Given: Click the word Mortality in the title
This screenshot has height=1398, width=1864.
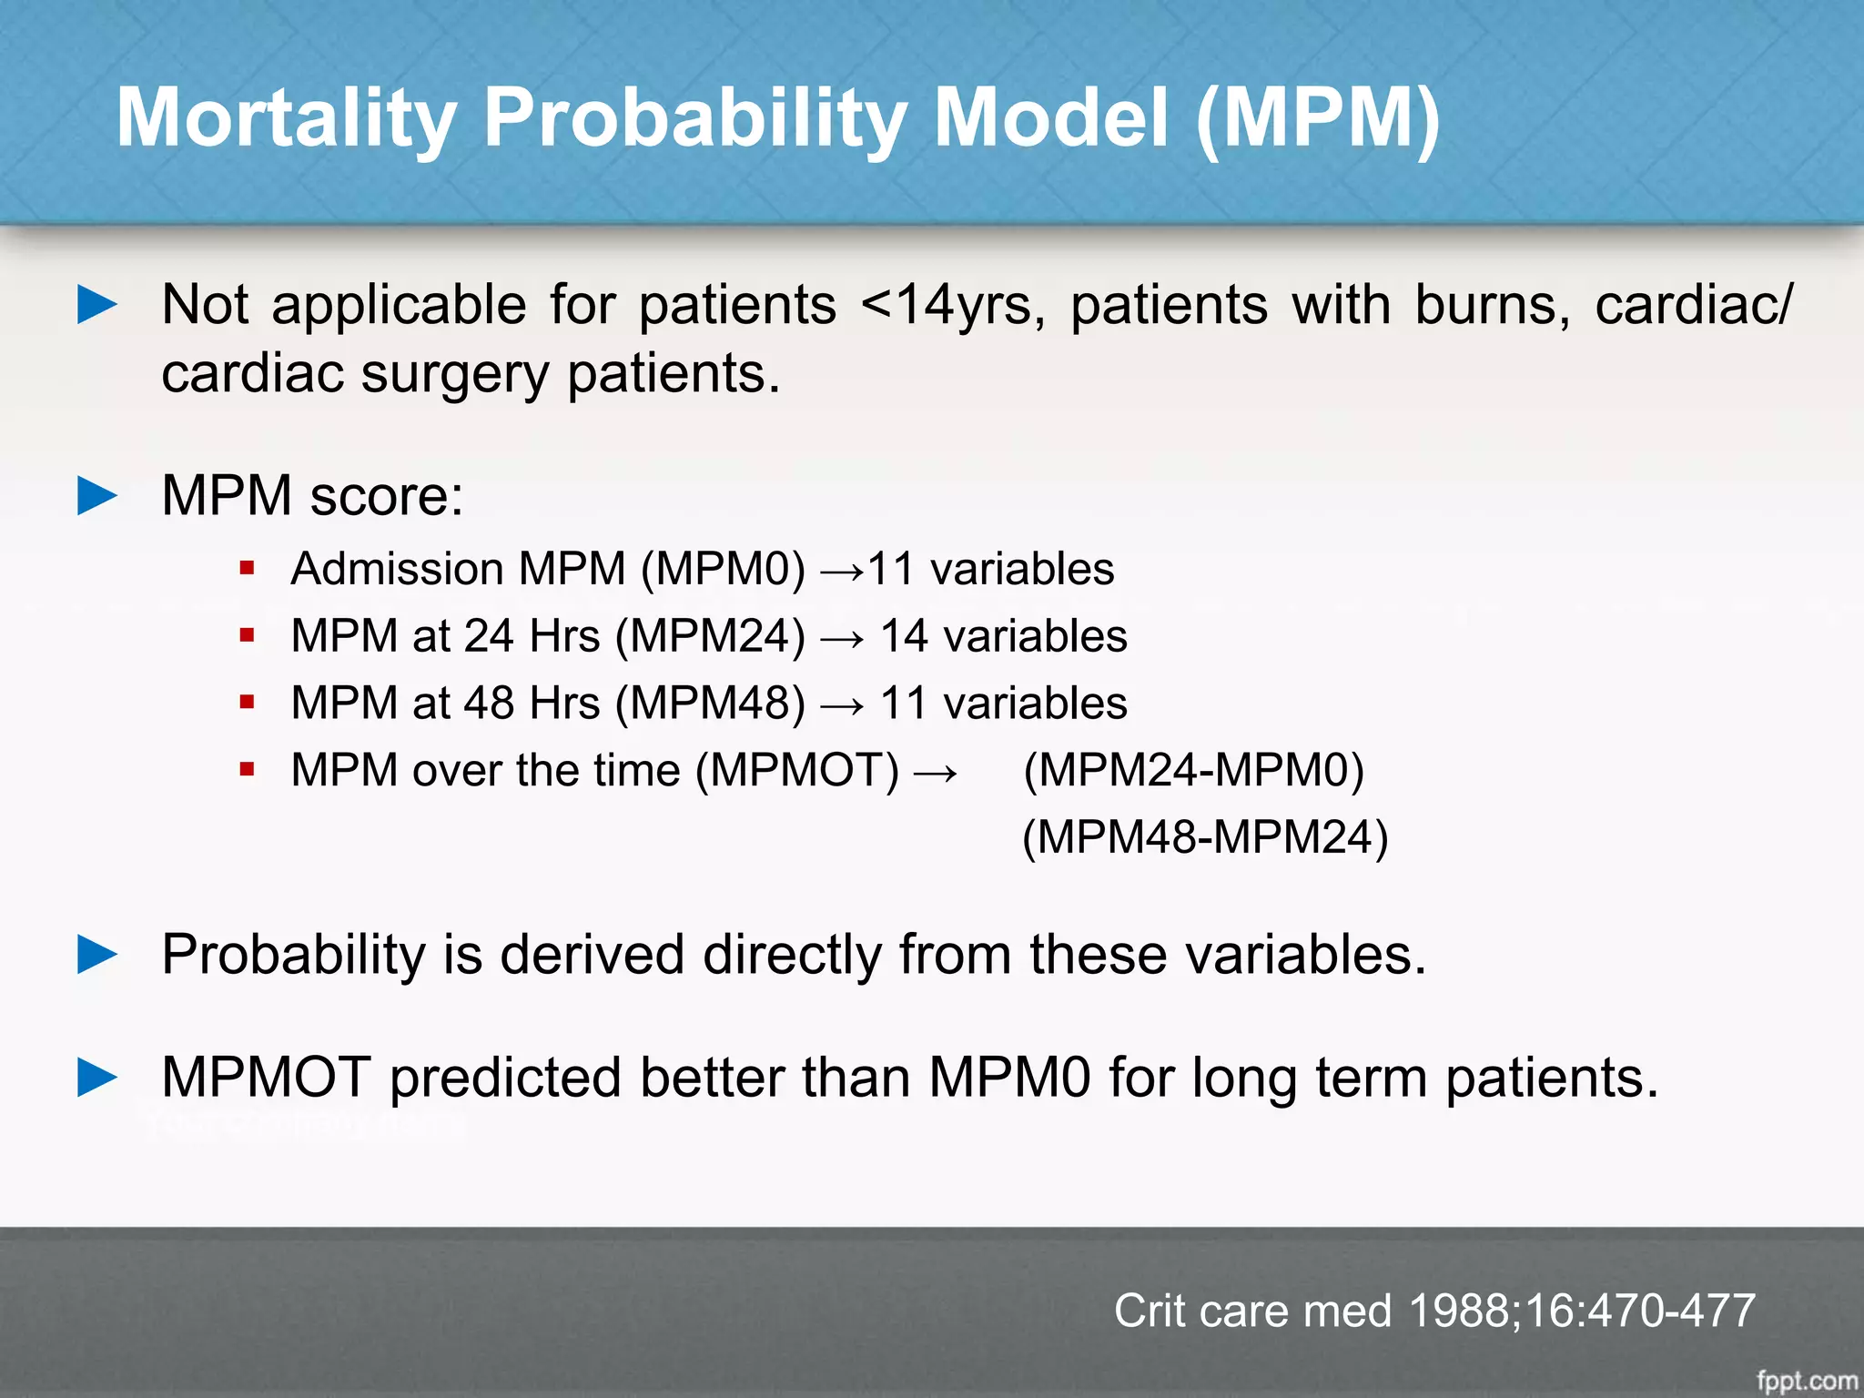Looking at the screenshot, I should click(x=286, y=118).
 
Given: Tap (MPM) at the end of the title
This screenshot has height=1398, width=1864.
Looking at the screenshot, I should click(x=1317, y=118).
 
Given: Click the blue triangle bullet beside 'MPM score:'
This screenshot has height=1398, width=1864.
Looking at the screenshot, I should click(x=97, y=496).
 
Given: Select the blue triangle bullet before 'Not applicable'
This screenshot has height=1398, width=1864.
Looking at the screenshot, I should click(x=97, y=304).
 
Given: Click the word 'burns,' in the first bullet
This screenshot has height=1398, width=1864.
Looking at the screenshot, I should click(x=1493, y=305).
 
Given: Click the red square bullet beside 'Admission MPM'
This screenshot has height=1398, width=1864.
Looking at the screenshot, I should click(x=247, y=569).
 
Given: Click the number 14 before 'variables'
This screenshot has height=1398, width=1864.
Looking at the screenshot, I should click(x=904, y=636).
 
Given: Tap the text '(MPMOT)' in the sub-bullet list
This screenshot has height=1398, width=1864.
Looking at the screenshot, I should click(x=797, y=771).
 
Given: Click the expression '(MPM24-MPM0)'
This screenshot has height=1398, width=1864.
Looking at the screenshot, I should click(x=1193, y=771).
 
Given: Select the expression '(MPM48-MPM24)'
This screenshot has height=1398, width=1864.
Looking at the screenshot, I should click(x=1205, y=837).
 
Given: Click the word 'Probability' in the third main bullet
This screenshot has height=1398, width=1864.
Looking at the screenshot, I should click(x=294, y=956).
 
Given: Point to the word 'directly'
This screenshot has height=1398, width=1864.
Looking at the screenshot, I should click(x=792, y=956).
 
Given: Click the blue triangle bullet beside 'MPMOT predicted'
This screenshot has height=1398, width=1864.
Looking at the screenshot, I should click(x=97, y=1078).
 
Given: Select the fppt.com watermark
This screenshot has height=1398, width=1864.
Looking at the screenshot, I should click(x=1807, y=1381).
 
